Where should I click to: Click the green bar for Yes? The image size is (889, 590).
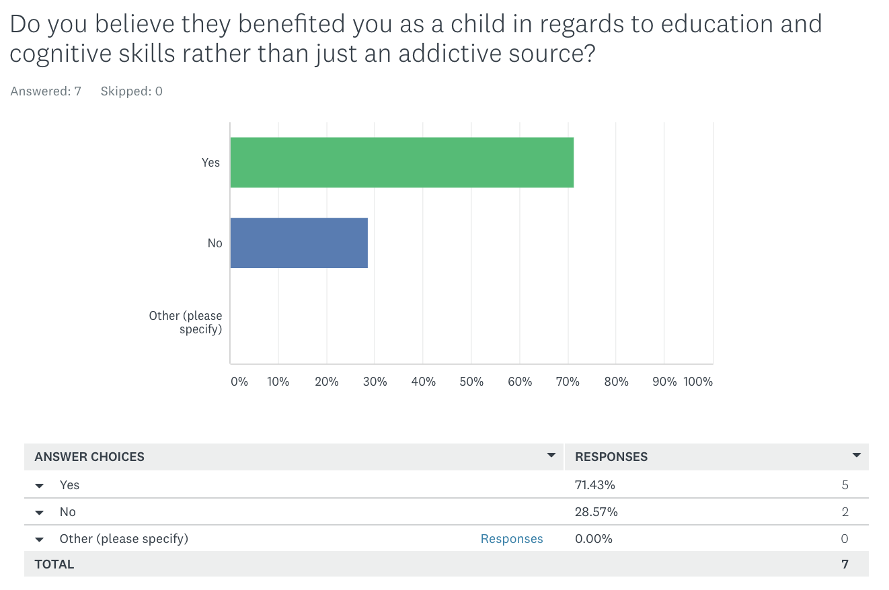click(x=401, y=163)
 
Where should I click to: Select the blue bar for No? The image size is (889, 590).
click(x=299, y=243)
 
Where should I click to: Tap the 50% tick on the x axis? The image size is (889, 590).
click(x=471, y=382)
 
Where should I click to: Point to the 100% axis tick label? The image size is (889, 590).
click(x=698, y=382)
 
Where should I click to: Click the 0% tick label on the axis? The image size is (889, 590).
click(x=239, y=382)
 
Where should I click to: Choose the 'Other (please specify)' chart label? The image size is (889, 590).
click(x=186, y=323)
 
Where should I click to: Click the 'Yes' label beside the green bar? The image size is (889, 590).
click(x=210, y=163)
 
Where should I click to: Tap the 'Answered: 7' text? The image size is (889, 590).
click(x=46, y=91)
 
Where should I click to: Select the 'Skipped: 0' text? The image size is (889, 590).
click(x=132, y=91)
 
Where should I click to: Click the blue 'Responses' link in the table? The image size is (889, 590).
click(x=512, y=539)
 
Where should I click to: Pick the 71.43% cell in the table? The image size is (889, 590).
click(x=595, y=485)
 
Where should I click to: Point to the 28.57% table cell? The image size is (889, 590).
click(x=596, y=512)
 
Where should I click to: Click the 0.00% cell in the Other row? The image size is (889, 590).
click(x=594, y=539)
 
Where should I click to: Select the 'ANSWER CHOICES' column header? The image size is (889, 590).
click(x=89, y=457)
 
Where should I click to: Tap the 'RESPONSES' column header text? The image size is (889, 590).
click(x=611, y=457)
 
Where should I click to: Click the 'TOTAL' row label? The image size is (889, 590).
click(x=54, y=564)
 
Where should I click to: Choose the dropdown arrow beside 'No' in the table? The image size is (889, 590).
click(x=40, y=513)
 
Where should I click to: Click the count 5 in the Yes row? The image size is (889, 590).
click(x=845, y=485)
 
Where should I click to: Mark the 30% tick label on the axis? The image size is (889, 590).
click(x=375, y=382)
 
